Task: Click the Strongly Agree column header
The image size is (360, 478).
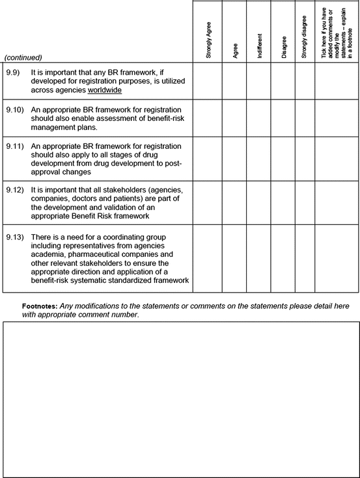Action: (x=208, y=41)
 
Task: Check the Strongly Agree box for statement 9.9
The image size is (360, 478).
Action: (x=208, y=81)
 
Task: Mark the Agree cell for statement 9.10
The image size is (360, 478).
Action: (x=234, y=118)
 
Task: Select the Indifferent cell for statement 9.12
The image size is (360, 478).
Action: (x=259, y=202)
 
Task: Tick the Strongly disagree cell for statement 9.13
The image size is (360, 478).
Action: (x=305, y=259)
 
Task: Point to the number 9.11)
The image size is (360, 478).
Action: (x=14, y=146)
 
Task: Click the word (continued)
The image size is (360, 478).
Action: (x=23, y=57)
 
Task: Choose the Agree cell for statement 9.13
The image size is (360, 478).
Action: (x=234, y=259)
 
